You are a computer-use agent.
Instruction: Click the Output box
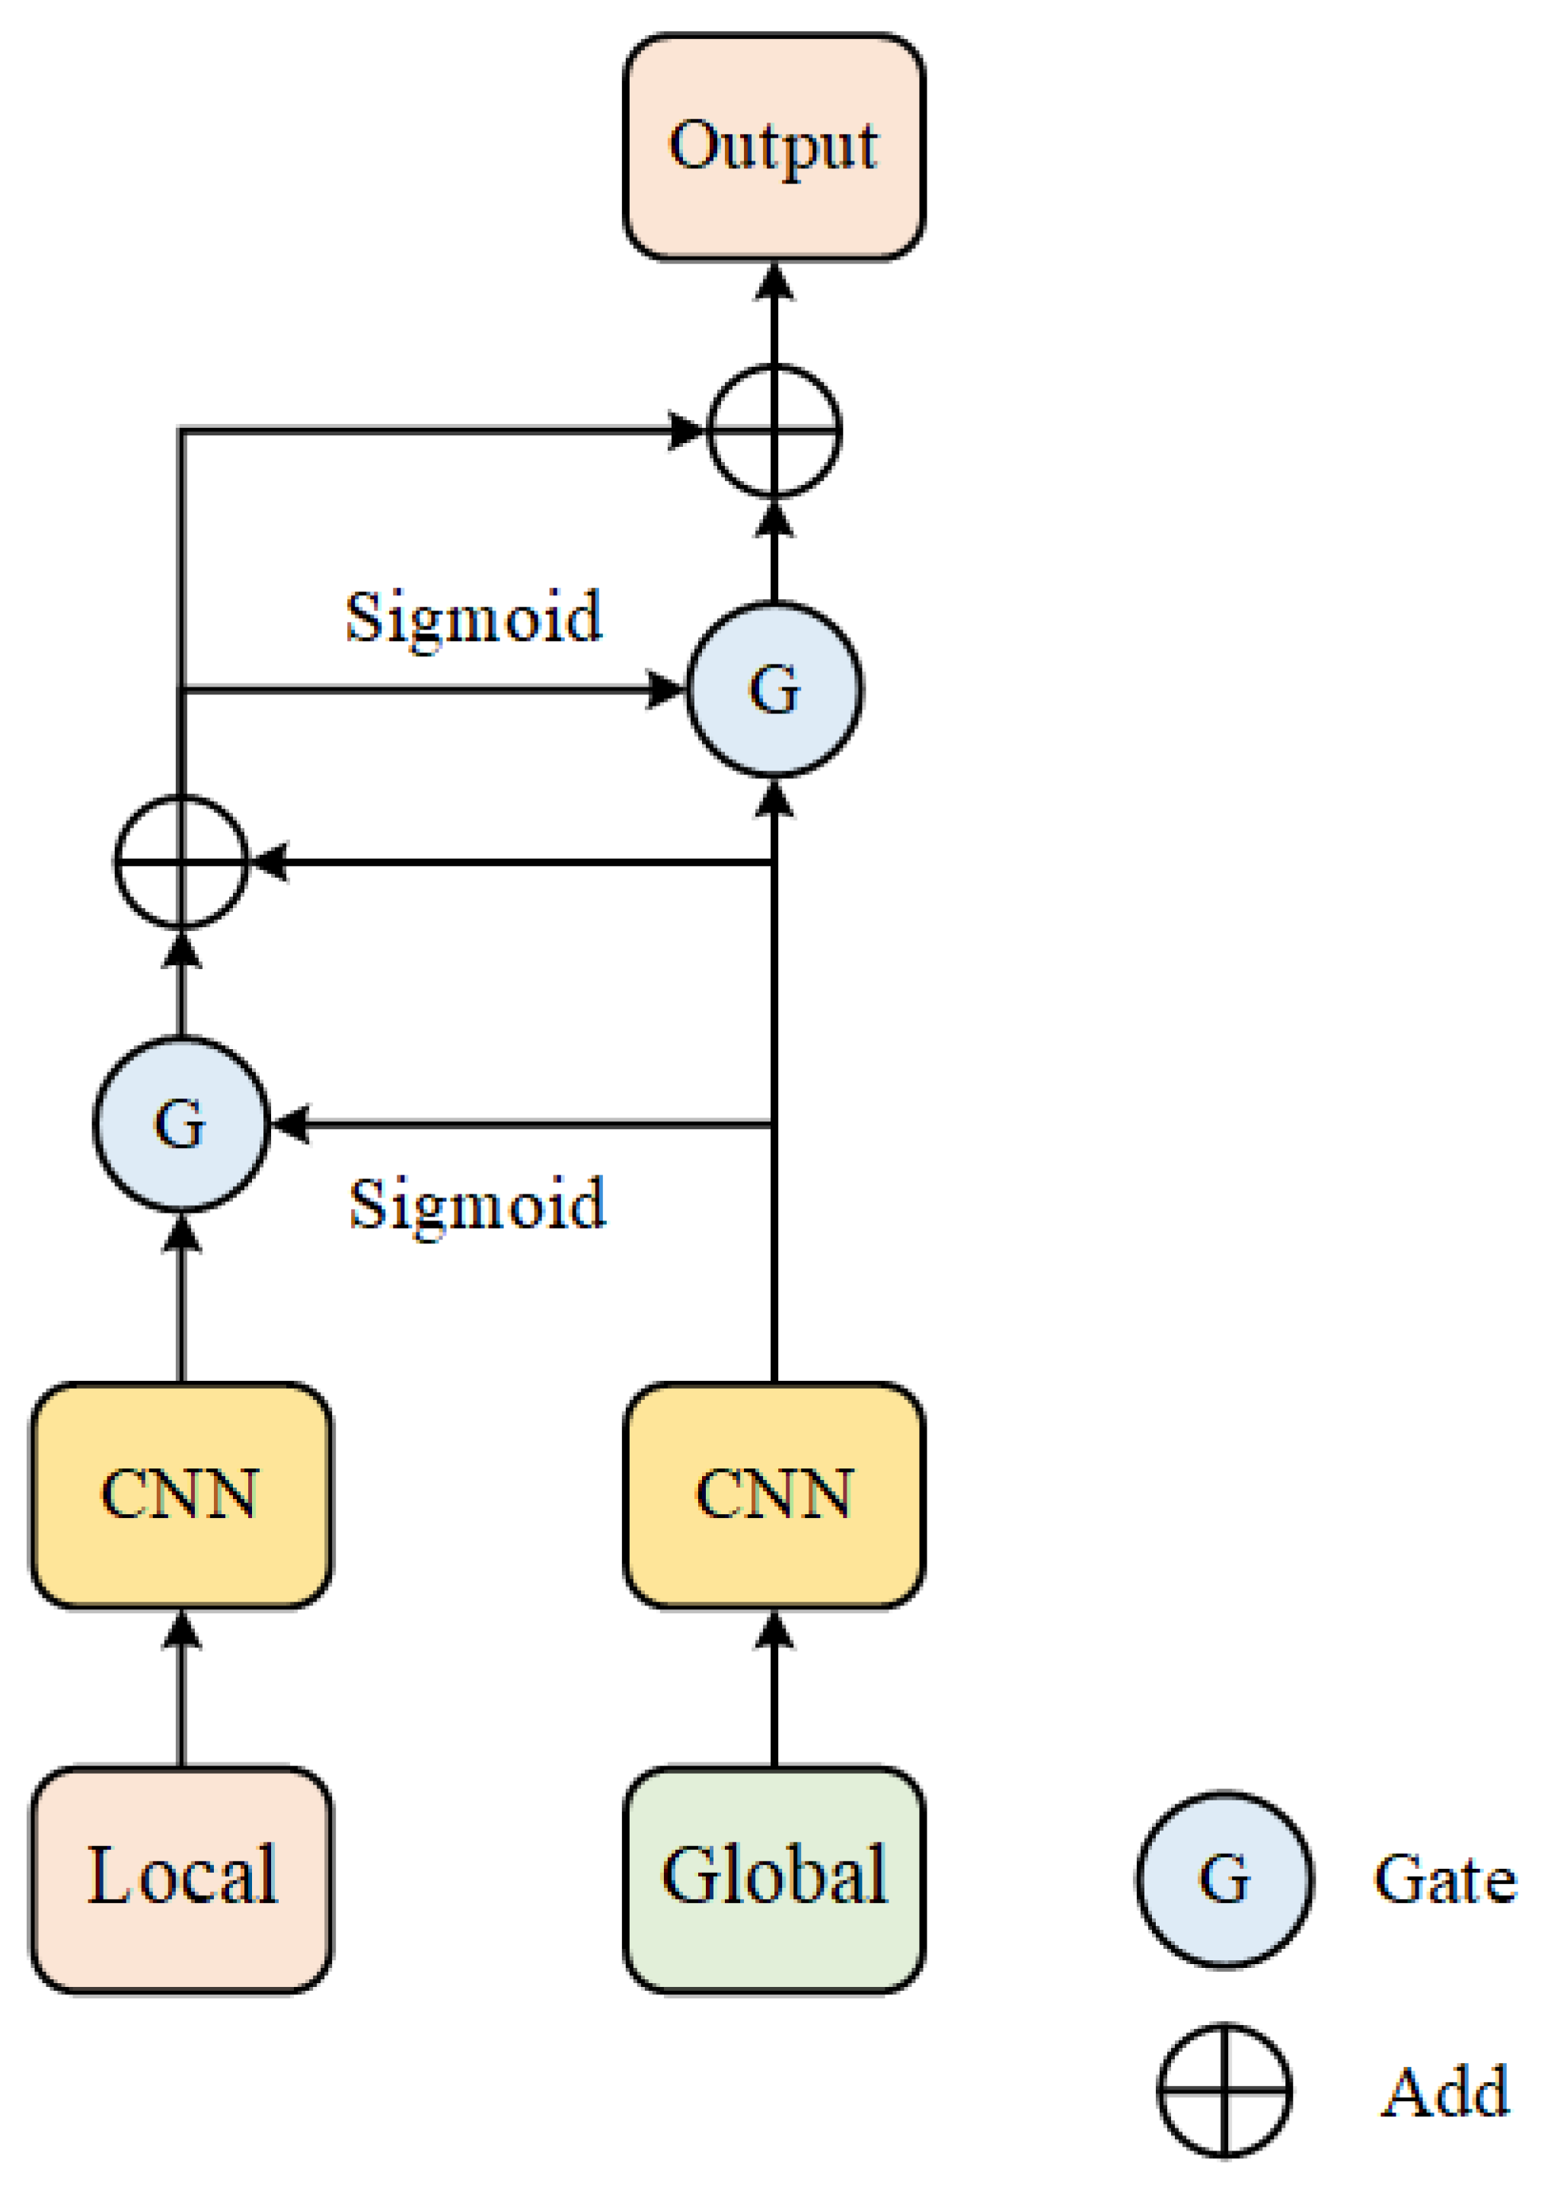[774, 146]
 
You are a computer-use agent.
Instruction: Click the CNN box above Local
[181, 1494]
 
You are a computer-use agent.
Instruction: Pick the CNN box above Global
[774, 1494]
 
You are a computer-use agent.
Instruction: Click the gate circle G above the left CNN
[181, 1124]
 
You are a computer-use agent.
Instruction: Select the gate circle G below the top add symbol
[774, 689]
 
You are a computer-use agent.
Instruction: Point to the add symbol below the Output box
[774, 431]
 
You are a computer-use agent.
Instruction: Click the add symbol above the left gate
[181, 862]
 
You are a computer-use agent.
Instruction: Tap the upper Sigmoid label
[474, 617]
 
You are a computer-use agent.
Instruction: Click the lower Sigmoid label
[477, 1204]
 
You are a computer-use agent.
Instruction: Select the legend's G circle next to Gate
[1224, 1879]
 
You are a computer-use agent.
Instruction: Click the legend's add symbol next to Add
[1224, 2090]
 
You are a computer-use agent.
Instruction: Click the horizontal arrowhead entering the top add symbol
[686, 431]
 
